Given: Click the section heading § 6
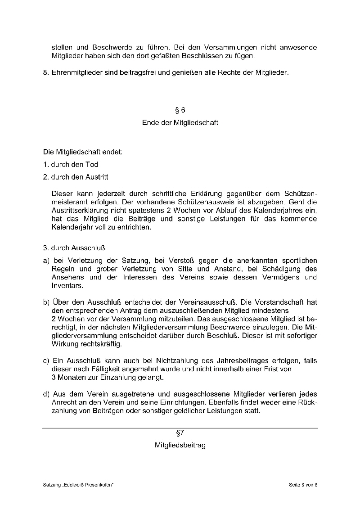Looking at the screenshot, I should (180, 110).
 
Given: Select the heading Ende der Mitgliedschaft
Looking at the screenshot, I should (180, 122).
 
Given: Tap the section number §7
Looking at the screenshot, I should (180, 433).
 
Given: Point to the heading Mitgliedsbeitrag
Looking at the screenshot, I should (180, 446).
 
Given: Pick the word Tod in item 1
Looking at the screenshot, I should (92, 165).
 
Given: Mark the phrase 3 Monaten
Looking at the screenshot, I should (67, 377).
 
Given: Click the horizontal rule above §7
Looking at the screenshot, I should (180, 428).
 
